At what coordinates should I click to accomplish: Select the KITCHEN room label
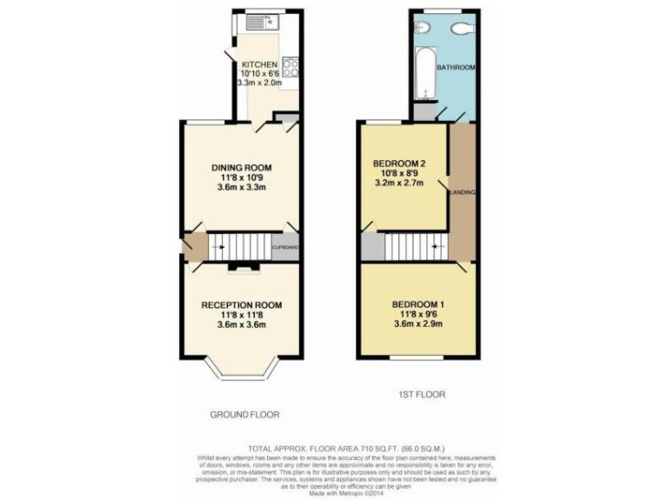click(x=259, y=65)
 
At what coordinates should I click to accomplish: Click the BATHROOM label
click(x=455, y=68)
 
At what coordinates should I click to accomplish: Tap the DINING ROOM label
click(x=242, y=168)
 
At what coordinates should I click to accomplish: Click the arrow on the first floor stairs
click(x=430, y=247)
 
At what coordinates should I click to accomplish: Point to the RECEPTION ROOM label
click(x=242, y=304)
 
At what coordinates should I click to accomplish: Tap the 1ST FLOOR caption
click(x=421, y=394)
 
